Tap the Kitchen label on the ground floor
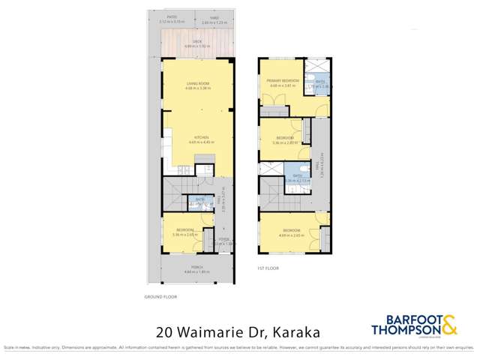tap(200, 137)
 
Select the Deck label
tap(198, 43)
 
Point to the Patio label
tap(172, 20)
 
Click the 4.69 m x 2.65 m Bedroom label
tap(291, 230)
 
